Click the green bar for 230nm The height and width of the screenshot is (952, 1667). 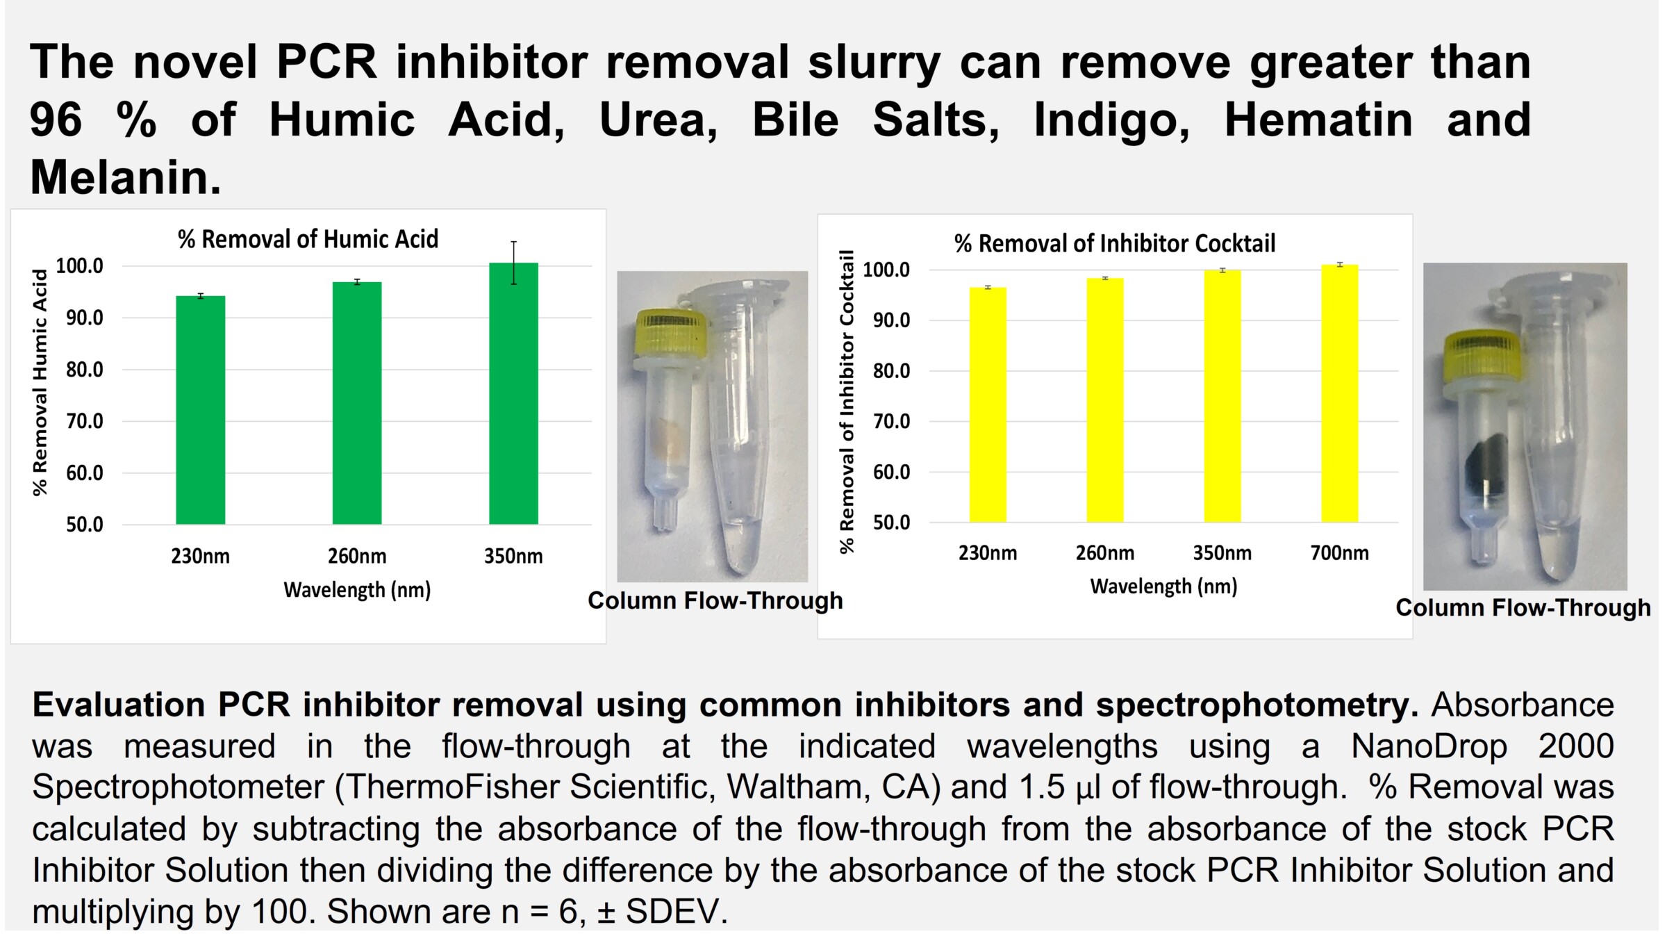pos(200,410)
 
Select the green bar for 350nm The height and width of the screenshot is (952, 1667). pos(513,393)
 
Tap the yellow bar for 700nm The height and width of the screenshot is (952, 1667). pos(1339,393)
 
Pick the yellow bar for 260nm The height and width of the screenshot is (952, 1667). pos(1104,400)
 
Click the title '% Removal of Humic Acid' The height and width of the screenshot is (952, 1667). pos(308,239)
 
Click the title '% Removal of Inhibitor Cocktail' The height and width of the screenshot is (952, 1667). pos(1115,243)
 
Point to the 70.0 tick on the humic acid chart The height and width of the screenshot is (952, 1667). pos(85,421)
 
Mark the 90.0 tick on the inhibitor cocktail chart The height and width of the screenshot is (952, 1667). pos(892,320)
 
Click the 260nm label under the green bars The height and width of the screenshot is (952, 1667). pos(357,556)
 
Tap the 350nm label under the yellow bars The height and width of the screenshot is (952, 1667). pos(1222,553)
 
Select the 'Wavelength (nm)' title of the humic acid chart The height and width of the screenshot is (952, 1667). pos(357,590)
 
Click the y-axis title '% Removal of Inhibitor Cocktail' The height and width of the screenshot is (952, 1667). pos(846,401)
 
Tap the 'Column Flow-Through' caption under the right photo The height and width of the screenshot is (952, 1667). pos(1523,608)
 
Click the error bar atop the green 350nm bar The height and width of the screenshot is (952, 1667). pos(513,263)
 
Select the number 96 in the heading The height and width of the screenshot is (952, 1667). pos(56,120)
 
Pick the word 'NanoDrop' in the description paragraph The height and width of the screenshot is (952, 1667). pos(1429,746)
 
